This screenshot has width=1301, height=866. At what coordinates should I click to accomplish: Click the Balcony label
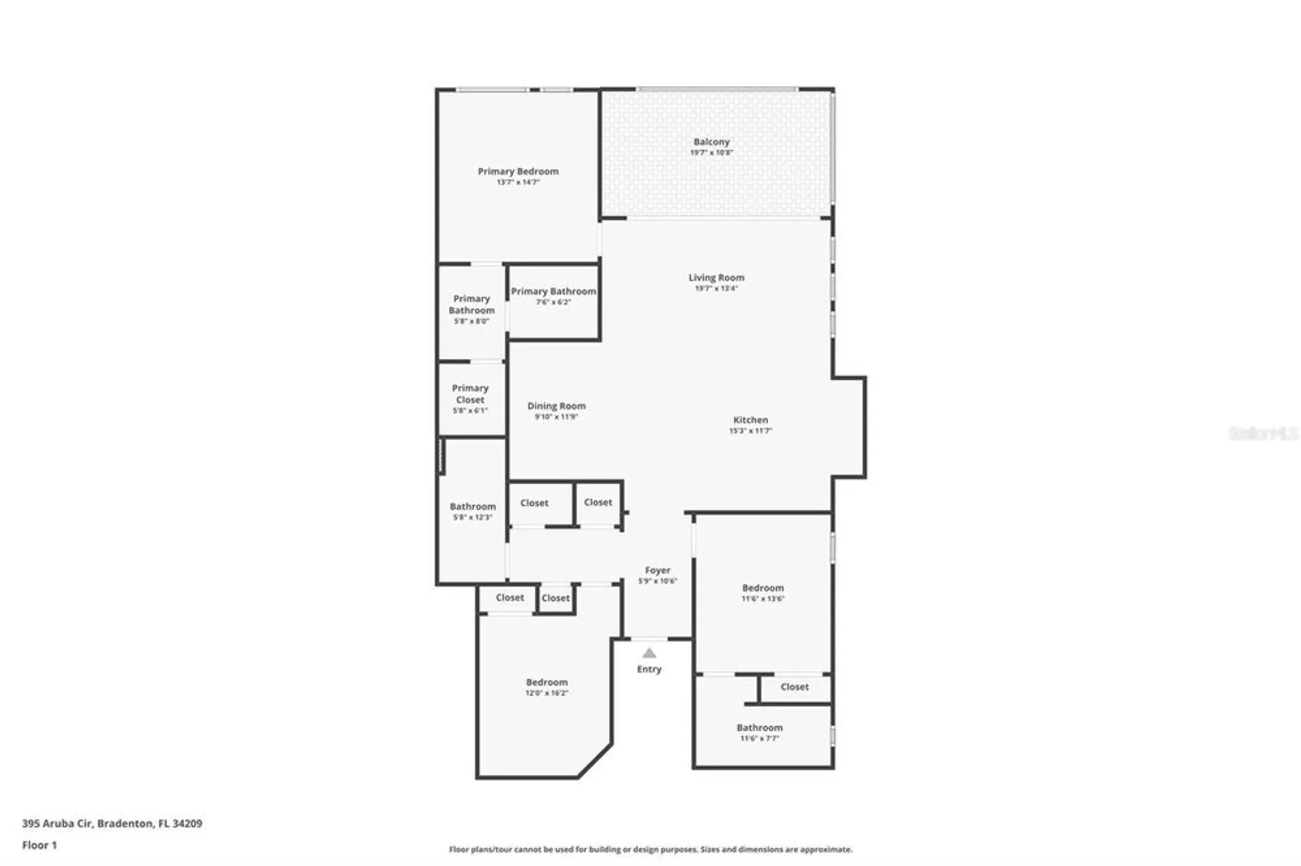tap(711, 142)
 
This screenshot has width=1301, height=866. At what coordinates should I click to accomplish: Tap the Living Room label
tap(716, 278)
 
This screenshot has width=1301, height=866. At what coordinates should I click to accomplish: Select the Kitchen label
tap(751, 420)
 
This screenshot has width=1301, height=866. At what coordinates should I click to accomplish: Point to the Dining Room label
tap(556, 406)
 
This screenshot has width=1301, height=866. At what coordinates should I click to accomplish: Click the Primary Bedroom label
tap(518, 172)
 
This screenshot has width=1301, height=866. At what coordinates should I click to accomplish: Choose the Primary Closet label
tap(470, 394)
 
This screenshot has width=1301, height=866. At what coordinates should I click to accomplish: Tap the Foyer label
tap(658, 570)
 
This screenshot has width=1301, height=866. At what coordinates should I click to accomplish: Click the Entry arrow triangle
tap(649, 653)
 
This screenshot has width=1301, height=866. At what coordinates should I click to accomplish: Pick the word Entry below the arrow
tap(649, 669)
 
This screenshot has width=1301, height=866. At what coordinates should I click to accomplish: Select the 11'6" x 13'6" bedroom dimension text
tap(763, 599)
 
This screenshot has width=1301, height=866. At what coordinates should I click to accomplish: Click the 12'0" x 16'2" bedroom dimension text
tap(546, 693)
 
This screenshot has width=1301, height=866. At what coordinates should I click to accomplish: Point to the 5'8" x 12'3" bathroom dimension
tap(472, 518)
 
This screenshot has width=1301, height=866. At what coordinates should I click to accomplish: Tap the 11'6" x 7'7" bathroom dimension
tap(759, 739)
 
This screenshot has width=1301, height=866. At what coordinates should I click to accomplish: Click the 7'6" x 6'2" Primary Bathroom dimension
tap(553, 302)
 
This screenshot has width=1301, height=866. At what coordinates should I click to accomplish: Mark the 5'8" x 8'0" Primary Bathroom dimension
tap(471, 321)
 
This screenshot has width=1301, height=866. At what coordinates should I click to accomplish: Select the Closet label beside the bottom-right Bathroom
tap(794, 687)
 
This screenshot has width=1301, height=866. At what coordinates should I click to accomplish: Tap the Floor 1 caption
tap(40, 845)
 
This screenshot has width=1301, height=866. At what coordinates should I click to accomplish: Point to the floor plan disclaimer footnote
tap(650, 849)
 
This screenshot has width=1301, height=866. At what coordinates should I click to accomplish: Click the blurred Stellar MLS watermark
tap(1263, 433)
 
